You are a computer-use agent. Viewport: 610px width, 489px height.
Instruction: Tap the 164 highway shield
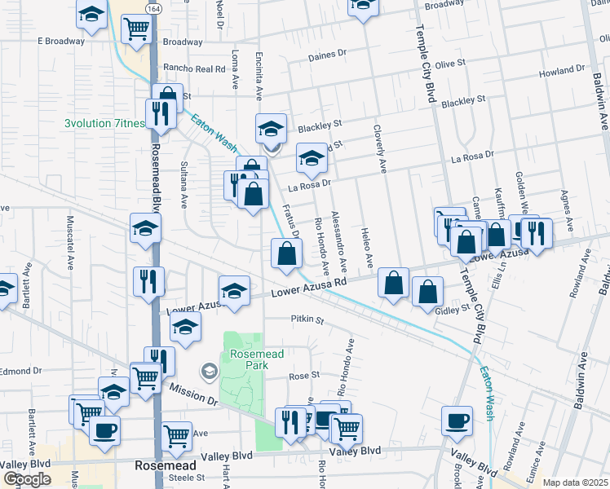(152, 7)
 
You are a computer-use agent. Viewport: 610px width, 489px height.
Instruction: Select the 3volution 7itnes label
(105, 124)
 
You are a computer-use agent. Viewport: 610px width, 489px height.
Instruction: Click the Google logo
(27, 478)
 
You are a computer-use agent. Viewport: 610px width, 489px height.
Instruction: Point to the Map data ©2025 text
(575, 482)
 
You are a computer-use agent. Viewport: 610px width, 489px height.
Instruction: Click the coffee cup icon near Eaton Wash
(457, 421)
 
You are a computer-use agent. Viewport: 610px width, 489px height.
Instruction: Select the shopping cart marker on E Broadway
(136, 29)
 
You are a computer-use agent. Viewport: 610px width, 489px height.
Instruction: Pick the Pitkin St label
(306, 320)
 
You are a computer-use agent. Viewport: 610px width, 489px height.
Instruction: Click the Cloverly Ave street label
(380, 148)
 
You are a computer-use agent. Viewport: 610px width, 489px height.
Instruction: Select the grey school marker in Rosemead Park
(210, 372)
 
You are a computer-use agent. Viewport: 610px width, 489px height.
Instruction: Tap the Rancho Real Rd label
(194, 68)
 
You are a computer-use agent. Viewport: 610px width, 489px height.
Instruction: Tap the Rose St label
(303, 377)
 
